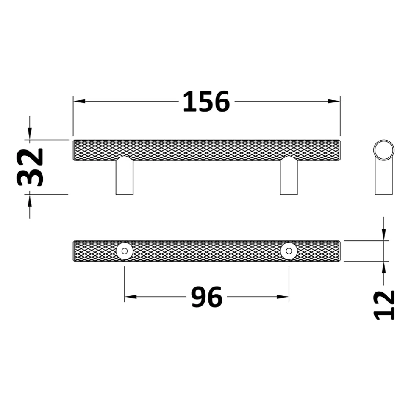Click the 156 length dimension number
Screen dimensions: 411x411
[206, 102]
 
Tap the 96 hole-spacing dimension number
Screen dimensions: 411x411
[207, 297]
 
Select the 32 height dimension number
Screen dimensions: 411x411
[30, 167]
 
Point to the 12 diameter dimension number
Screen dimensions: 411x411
[384, 305]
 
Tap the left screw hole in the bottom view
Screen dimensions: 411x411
[125, 251]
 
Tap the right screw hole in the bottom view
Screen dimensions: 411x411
[289, 251]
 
